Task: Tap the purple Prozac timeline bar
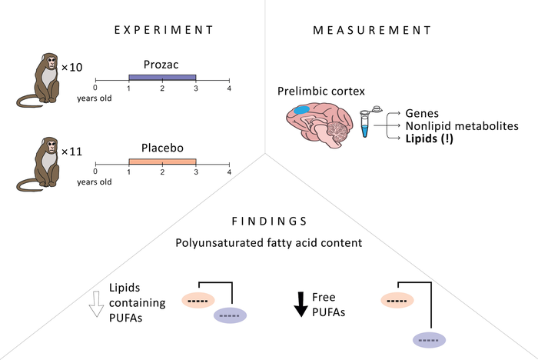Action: tap(162, 77)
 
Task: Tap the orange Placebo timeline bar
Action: tap(162, 162)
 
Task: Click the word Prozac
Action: tap(162, 66)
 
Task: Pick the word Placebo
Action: tap(162, 151)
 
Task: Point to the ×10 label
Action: tap(71, 68)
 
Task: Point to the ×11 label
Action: tap(71, 152)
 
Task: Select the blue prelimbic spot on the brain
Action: tap(302, 111)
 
